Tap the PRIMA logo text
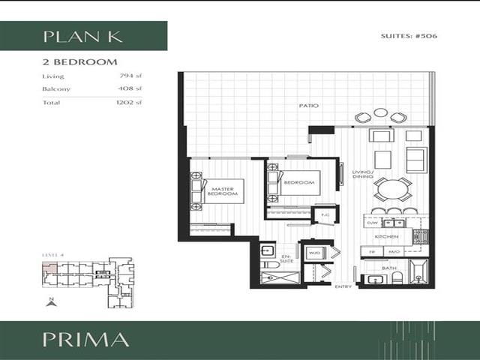point(85,339)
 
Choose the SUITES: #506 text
point(409,37)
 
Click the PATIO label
point(308,106)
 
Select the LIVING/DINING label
point(363,175)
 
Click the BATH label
point(389,268)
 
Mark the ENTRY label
point(343,286)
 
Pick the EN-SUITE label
point(285,259)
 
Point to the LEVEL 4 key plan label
point(52,255)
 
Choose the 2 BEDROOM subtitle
point(79,61)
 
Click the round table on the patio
point(381,113)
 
